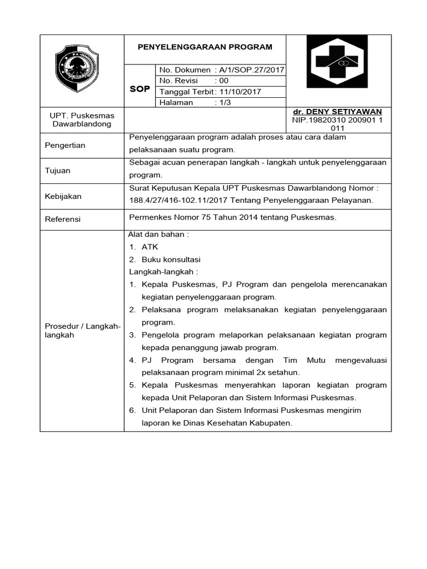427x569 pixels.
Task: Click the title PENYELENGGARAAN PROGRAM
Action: coord(205,47)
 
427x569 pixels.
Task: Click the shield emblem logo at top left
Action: coord(76,69)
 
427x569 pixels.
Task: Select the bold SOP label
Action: coord(140,89)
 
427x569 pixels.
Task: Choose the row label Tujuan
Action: coord(57,171)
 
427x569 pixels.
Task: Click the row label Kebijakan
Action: coord(62,196)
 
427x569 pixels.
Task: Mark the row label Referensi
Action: coord(62,219)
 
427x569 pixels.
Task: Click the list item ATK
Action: coord(150,247)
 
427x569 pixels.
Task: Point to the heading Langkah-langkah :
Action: coord(163,272)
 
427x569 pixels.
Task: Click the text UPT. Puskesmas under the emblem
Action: coord(82,115)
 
